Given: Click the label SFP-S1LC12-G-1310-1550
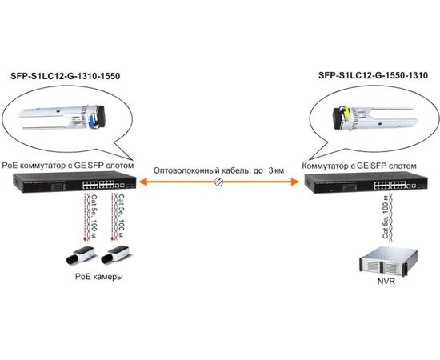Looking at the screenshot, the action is pos(65,76).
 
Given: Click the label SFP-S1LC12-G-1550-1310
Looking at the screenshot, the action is pos(373,75).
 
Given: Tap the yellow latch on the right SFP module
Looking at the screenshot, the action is pos(347,115).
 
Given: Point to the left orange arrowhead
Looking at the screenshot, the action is pos(142,182).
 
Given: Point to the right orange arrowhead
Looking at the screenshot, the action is pos(295,182).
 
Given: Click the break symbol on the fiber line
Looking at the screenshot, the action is pos(218,182).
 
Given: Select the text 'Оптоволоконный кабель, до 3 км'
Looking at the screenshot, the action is pos(218,170).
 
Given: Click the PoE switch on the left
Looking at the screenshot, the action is pos(74,183).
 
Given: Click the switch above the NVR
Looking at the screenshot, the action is pos(366,183).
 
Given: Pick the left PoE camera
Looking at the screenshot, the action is pos(80,255).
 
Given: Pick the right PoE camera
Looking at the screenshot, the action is pos(115,254).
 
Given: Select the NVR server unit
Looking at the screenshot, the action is pos(388,261).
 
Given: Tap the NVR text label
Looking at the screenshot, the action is pos(386,281).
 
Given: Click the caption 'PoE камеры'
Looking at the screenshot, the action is pos(99,277).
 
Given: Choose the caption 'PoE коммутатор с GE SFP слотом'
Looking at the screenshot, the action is pos(68,166).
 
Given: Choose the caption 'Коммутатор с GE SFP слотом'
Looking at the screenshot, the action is pos(359,166).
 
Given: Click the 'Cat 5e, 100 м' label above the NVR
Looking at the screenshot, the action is pos(386,218).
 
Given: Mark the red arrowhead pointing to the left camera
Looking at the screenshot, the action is pos(85,239).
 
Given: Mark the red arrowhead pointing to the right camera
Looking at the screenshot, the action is pos(113,239).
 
